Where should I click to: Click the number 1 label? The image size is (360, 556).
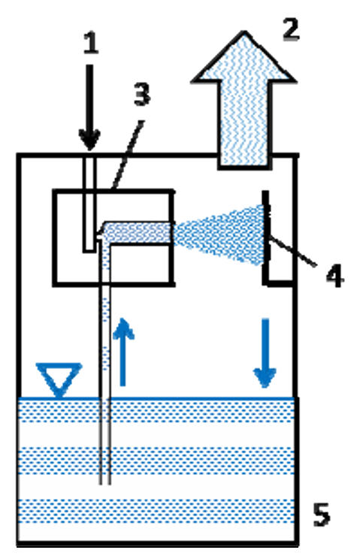pos(90,44)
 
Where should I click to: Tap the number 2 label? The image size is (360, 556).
pos(291,29)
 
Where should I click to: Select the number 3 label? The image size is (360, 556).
pos(142,94)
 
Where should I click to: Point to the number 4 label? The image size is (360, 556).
pos(334,276)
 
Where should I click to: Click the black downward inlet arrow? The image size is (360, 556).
pos(89,107)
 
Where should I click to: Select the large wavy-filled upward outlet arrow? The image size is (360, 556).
pos(244,100)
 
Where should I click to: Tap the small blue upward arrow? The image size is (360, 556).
pos(123,352)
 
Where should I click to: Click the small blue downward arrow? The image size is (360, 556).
pos(265,353)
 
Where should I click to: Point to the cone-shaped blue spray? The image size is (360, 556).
pos(219,234)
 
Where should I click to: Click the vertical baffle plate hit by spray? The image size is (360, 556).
pos(265,237)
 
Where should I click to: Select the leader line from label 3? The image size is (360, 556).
pos(128,154)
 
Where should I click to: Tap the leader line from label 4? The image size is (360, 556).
pos(292,251)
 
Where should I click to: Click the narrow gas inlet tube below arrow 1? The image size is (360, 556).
pos(89,204)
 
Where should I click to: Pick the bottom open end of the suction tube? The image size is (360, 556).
pos(105,484)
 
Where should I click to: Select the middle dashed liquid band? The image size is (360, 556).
pos(156,461)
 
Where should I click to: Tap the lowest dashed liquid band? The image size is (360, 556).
pos(156,511)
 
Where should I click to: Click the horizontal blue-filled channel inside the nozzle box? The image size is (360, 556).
pos(138,233)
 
